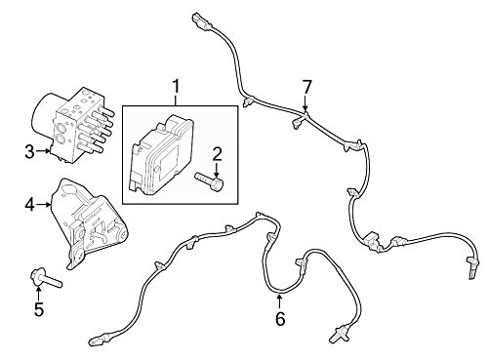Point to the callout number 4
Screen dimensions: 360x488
point(28,206)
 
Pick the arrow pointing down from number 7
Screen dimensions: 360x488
point(305,107)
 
